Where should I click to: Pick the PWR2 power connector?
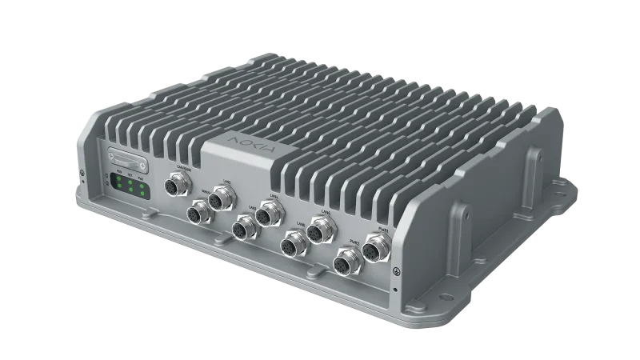tap(344, 263)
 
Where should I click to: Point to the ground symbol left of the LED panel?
tap(84, 170)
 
